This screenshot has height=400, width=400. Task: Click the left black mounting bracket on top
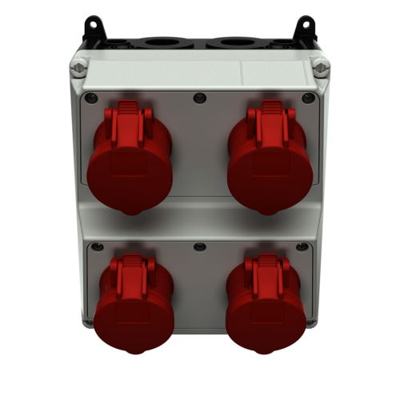95,30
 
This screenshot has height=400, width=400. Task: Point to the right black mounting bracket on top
305,30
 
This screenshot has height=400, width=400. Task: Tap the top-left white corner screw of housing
78,70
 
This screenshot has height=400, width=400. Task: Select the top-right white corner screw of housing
322,70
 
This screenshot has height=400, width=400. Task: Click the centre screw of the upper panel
200,98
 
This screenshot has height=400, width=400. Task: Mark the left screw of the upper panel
91,98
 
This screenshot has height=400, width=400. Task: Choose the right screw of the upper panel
308,98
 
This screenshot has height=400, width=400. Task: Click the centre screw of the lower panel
200,247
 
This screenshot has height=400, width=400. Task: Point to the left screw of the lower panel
98,247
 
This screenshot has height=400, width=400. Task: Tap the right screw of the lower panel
302,247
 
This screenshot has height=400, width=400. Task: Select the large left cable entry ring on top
165,42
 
